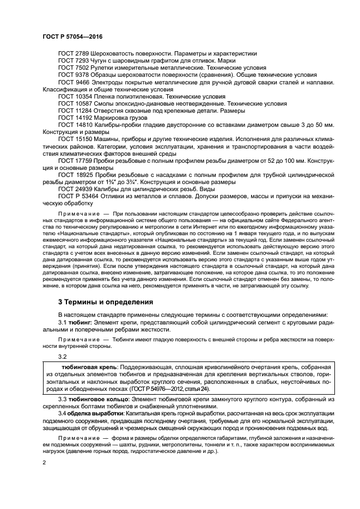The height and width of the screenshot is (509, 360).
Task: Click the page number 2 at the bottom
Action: coord(44,462)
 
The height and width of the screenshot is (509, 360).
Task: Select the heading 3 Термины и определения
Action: coord(106,301)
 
